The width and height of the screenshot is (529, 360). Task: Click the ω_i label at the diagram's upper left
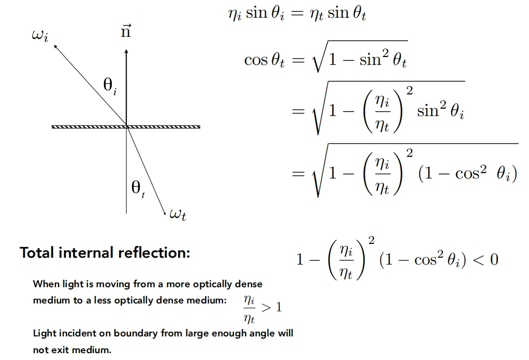point(40,35)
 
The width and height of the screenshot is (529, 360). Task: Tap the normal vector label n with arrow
point(126,30)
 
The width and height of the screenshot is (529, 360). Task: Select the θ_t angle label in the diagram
point(138,189)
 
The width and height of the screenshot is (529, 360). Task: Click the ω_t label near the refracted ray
point(178,214)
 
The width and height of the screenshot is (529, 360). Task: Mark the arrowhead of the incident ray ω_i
point(55,46)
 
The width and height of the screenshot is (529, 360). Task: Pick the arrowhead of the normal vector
point(126,51)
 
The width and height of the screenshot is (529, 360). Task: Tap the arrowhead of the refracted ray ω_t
point(165,212)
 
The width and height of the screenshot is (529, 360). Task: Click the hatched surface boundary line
point(126,127)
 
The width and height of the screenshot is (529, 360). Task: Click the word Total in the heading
point(37,252)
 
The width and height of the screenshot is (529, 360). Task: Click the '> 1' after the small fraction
point(272,307)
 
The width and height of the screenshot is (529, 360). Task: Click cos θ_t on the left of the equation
point(265,60)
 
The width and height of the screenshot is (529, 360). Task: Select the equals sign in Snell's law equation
point(297,13)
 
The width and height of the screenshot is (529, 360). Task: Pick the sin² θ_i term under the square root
point(440,110)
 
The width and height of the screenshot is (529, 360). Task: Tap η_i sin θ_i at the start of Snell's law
point(256,13)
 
